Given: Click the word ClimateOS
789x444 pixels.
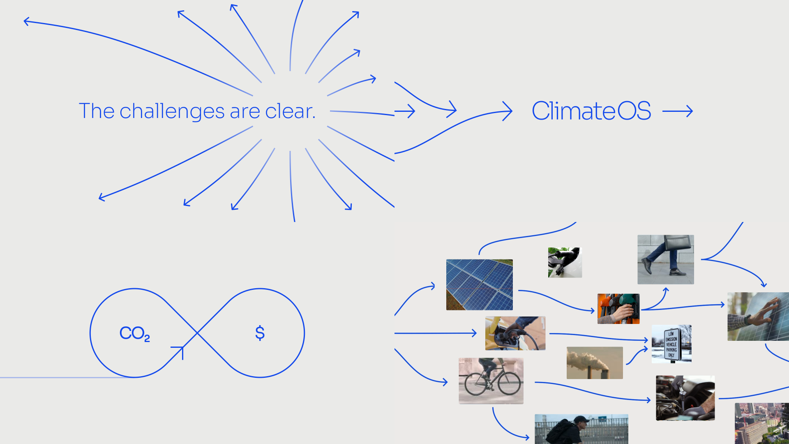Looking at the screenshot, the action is [x=591, y=111].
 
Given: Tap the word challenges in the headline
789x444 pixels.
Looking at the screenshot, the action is [x=172, y=111].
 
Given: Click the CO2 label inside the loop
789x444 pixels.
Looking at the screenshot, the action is [x=135, y=333].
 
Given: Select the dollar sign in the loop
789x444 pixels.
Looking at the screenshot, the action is [x=260, y=333].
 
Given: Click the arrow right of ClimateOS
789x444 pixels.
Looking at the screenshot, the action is [x=678, y=111].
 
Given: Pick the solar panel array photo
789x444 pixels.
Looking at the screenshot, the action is [x=480, y=284].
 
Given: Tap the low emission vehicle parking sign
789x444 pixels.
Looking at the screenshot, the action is [x=671, y=344].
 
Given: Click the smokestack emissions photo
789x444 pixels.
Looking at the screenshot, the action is [x=595, y=363].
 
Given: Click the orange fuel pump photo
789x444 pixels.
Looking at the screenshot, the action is [x=618, y=309].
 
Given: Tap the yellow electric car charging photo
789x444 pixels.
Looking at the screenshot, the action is [x=515, y=333].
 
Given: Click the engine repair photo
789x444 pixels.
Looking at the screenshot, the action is [x=685, y=398].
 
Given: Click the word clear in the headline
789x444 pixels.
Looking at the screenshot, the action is [x=290, y=111].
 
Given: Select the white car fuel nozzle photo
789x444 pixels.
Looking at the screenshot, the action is [x=565, y=262].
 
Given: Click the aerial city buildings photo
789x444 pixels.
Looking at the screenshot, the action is [x=762, y=423].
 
